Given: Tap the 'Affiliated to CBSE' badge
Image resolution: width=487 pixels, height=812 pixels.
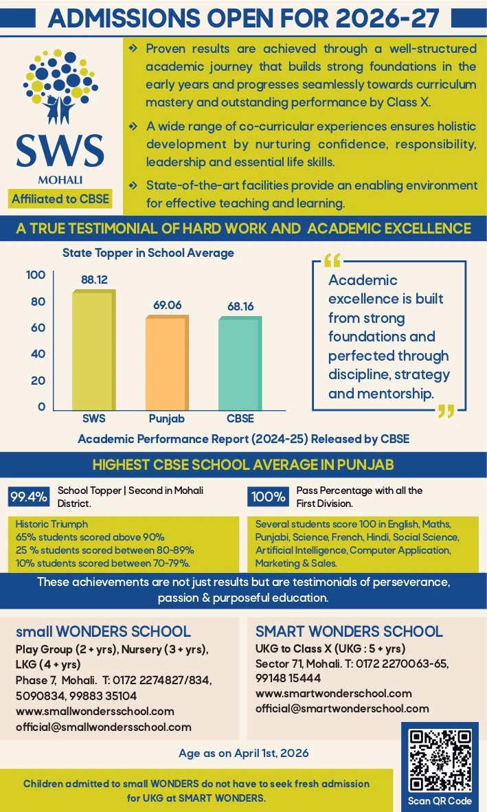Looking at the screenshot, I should pyautogui.click(x=60, y=200).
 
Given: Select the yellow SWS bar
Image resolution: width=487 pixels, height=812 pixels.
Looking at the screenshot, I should pyautogui.click(x=93, y=350).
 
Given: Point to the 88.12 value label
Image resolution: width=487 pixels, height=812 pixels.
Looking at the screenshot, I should pyautogui.click(x=94, y=280).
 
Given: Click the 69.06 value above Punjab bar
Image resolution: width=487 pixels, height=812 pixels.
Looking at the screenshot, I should pyautogui.click(x=167, y=304).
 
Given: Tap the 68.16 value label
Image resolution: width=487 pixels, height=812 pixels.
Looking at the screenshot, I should pyautogui.click(x=240, y=306).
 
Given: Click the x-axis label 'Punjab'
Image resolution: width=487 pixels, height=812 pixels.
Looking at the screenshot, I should pyautogui.click(x=167, y=418).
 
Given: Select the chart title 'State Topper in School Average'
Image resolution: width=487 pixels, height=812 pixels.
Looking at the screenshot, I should pyautogui.click(x=148, y=253).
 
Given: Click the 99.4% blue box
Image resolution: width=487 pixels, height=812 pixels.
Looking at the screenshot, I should pyautogui.click(x=29, y=497).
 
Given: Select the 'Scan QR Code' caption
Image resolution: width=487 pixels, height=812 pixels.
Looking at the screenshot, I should pyautogui.click(x=440, y=801).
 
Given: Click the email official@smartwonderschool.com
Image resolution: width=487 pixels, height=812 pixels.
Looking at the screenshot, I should pyautogui.click(x=342, y=708).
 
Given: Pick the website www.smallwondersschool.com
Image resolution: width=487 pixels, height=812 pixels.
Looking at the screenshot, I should pyautogui.click(x=95, y=711).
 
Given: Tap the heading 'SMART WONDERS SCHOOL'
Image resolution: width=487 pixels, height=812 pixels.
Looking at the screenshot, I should pyautogui.click(x=350, y=631).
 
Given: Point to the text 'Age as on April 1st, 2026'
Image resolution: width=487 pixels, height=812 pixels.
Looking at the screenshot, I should pyautogui.click(x=243, y=753).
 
